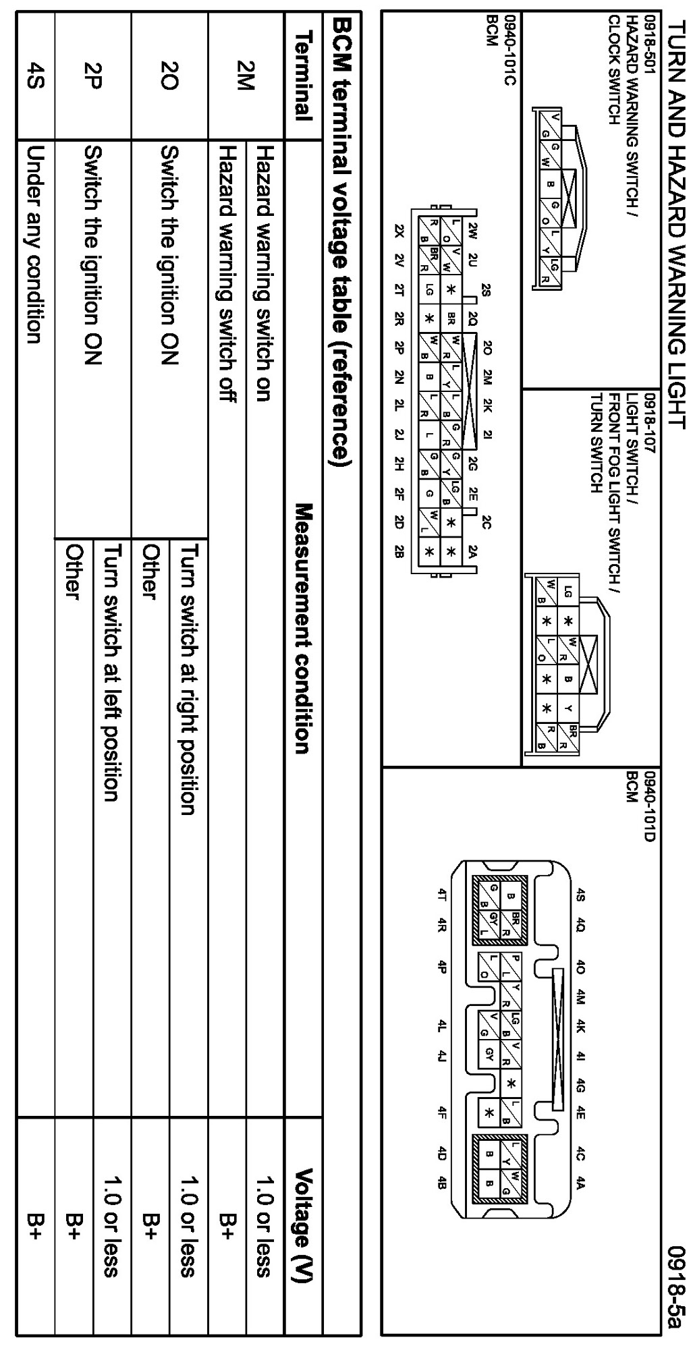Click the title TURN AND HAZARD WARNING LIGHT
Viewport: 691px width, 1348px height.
tap(675, 222)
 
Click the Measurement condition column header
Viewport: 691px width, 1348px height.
tap(302, 628)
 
